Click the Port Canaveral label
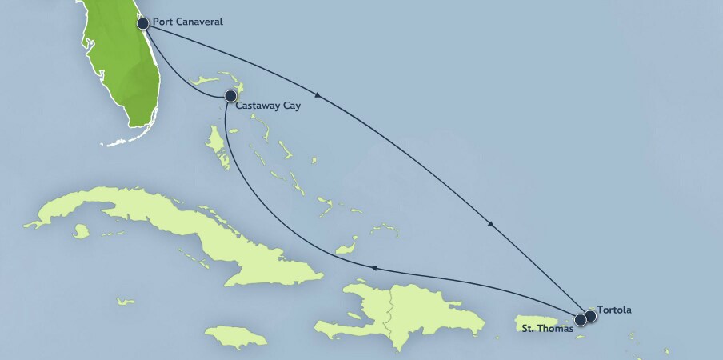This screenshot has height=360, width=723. pyautogui.click(x=189, y=22)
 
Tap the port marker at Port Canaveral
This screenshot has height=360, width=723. pyautogui.click(x=143, y=23)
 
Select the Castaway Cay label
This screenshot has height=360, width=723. pyautogui.click(x=269, y=106)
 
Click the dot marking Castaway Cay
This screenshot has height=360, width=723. pyautogui.click(x=230, y=96)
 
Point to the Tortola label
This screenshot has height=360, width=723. pyautogui.click(x=614, y=310)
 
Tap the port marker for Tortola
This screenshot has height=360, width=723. pyautogui.click(x=591, y=316)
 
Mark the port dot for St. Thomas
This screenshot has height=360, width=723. pyautogui.click(x=581, y=318)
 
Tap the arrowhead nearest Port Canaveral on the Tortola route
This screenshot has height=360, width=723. pyautogui.click(x=318, y=96)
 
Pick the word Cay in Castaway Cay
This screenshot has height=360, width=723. pyautogui.click(x=290, y=106)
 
